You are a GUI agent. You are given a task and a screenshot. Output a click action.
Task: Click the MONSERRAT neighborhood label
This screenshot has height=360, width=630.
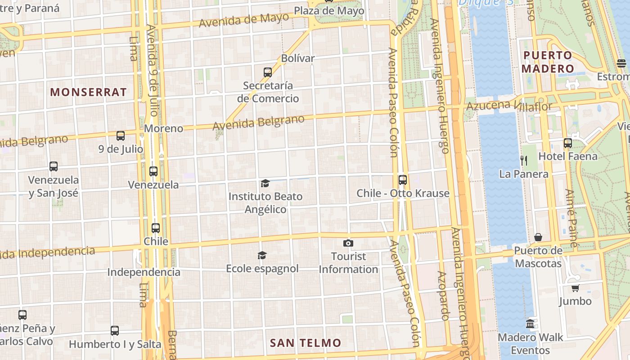pyautogui.click(x=88, y=92)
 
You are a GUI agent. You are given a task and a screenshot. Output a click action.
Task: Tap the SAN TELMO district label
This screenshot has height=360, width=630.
pyautogui.click(x=306, y=343)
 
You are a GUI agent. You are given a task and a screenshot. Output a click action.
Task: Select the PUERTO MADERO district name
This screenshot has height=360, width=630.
pyautogui.click(x=548, y=62)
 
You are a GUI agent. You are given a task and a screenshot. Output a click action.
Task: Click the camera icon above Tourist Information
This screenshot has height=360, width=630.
pyautogui.click(x=348, y=243)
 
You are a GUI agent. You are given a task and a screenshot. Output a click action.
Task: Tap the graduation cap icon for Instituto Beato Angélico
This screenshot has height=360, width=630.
pyautogui.click(x=265, y=183)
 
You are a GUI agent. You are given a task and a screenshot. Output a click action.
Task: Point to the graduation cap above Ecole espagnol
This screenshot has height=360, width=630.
pyautogui.click(x=262, y=256)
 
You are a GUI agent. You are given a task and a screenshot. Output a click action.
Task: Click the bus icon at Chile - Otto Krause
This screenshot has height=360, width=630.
pyautogui.click(x=403, y=180)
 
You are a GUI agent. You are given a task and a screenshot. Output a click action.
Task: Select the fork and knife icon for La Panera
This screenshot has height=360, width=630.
pyautogui.click(x=523, y=160)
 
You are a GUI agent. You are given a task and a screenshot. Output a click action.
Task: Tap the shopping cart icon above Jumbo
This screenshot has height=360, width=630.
pyautogui.click(x=575, y=288)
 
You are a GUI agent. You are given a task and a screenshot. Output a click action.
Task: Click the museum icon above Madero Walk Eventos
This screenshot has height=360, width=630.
pyautogui.click(x=530, y=324)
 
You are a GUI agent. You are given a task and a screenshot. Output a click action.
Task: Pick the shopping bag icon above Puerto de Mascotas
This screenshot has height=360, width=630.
pyautogui.click(x=538, y=237)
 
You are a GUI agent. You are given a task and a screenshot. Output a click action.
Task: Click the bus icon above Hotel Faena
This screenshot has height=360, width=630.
pyautogui.click(x=568, y=143)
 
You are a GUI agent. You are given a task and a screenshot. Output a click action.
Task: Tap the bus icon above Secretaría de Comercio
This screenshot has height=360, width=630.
pyautogui.click(x=268, y=72)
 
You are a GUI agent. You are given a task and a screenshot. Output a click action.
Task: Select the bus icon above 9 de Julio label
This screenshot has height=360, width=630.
pyautogui.click(x=121, y=135)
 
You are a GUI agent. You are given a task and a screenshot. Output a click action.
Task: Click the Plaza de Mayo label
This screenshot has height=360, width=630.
pyautogui.click(x=329, y=11)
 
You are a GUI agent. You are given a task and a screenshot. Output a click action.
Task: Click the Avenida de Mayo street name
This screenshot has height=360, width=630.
pyautogui.click(x=244, y=20)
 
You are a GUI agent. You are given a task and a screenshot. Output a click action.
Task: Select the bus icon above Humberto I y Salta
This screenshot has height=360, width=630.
pyautogui.click(x=115, y=331)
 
